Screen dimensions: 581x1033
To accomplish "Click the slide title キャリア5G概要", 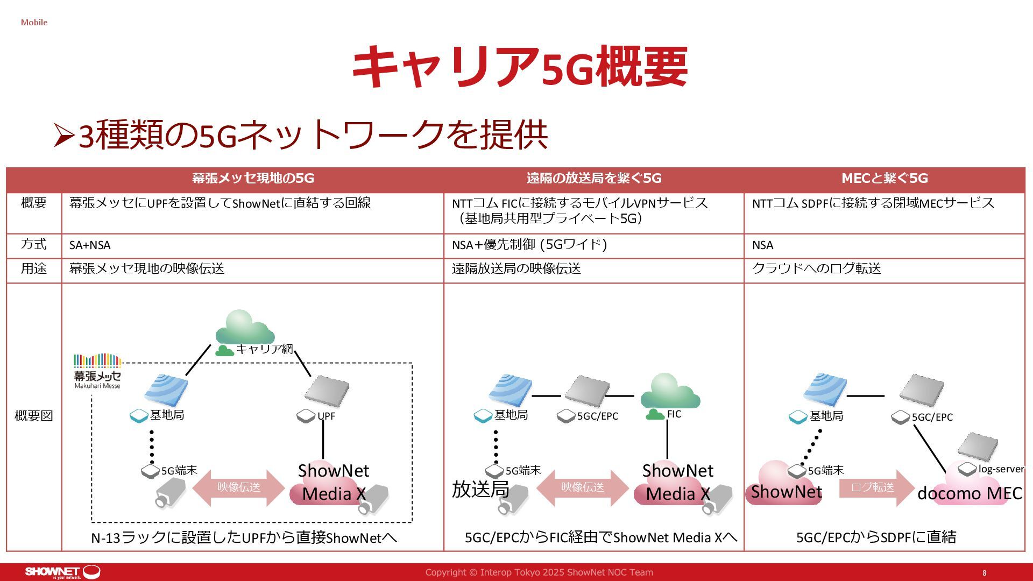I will click(519, 67).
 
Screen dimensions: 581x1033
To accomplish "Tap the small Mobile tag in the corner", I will click(34, 23).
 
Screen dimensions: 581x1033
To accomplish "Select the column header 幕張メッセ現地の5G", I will click(253, 178).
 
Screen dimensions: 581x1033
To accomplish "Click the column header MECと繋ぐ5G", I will click(885, 178).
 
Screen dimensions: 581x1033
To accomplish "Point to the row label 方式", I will click(33, 244).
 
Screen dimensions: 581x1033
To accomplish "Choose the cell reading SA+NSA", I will click(90, 245).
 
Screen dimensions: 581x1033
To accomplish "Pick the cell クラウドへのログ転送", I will click(816, 268).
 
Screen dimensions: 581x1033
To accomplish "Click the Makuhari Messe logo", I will click(97, 371).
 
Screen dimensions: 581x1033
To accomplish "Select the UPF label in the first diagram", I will click(326, 416).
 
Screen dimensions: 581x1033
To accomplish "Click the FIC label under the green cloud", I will click(674, 414).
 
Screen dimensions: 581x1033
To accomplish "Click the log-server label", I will click(1001, 469).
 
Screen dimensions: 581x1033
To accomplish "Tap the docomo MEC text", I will click(969, 493).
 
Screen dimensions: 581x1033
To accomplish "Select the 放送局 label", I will click(480, 490).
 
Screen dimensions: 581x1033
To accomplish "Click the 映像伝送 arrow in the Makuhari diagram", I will click(238, 487).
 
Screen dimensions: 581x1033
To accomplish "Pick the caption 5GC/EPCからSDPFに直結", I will click(876, 537).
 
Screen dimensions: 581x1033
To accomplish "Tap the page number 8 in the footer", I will click(985, 573).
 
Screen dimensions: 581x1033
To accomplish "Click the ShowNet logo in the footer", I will click(62, 572).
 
